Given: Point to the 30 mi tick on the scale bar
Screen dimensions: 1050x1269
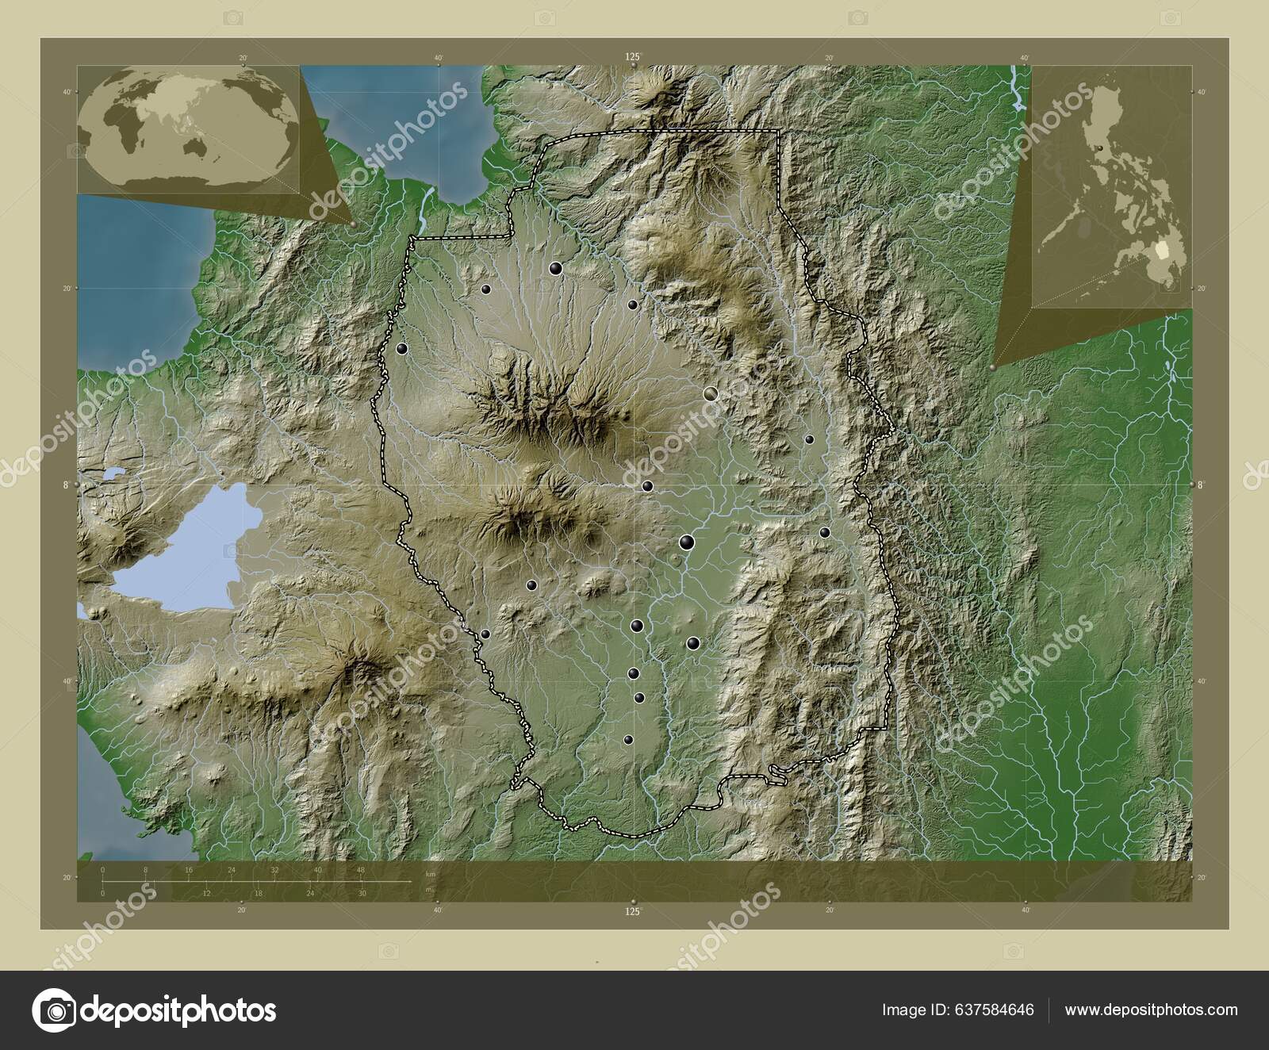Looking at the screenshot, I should tap(361, 893).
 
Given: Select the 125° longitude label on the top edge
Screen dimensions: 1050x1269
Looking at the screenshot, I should tap(632, 56).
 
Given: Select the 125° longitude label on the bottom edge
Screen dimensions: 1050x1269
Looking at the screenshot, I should tap(632, 913).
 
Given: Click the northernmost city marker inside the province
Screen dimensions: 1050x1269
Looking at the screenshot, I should tap(556, 269).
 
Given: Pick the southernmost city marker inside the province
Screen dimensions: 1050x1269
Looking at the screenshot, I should tap(628, 739).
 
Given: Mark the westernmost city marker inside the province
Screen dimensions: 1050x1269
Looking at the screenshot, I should tap(402, 348).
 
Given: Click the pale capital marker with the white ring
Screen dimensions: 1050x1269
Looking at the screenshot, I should tap(710, 393).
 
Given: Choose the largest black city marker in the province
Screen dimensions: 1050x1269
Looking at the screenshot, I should tap(687, 542).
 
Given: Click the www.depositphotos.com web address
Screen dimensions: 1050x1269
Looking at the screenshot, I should tap(1151, 1010).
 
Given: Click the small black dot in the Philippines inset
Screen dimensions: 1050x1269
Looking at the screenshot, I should tap(1099, 148).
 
